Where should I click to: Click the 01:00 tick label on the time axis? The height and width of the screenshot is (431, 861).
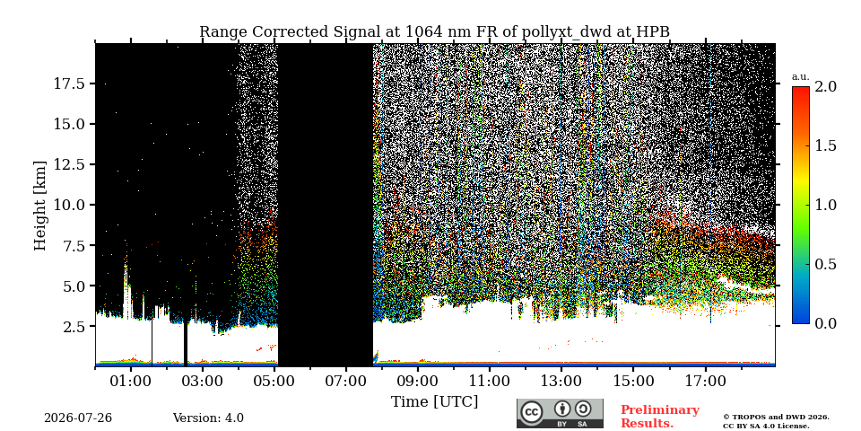131,381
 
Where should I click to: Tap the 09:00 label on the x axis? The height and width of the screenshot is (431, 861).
418,381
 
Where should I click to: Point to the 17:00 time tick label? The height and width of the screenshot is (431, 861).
705,381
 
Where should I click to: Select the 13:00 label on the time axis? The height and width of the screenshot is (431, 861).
561,381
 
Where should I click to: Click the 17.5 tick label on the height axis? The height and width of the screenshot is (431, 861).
69,84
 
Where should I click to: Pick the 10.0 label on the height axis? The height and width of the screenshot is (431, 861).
69,205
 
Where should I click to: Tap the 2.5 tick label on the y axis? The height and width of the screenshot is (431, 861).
75,327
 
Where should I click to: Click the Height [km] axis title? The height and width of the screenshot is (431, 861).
40,206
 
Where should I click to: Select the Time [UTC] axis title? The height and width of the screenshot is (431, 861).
434,402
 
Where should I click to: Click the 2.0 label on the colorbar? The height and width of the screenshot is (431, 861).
825,86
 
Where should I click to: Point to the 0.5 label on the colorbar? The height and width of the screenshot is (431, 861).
825,264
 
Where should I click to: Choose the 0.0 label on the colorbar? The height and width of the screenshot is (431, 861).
825,324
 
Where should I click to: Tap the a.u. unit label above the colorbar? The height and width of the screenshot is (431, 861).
801,77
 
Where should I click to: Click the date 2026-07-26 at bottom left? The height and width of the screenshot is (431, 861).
78,418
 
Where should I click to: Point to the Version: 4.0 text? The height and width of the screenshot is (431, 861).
208,418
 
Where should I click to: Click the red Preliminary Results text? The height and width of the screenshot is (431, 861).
660,417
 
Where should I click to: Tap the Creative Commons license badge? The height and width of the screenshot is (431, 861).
560,413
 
